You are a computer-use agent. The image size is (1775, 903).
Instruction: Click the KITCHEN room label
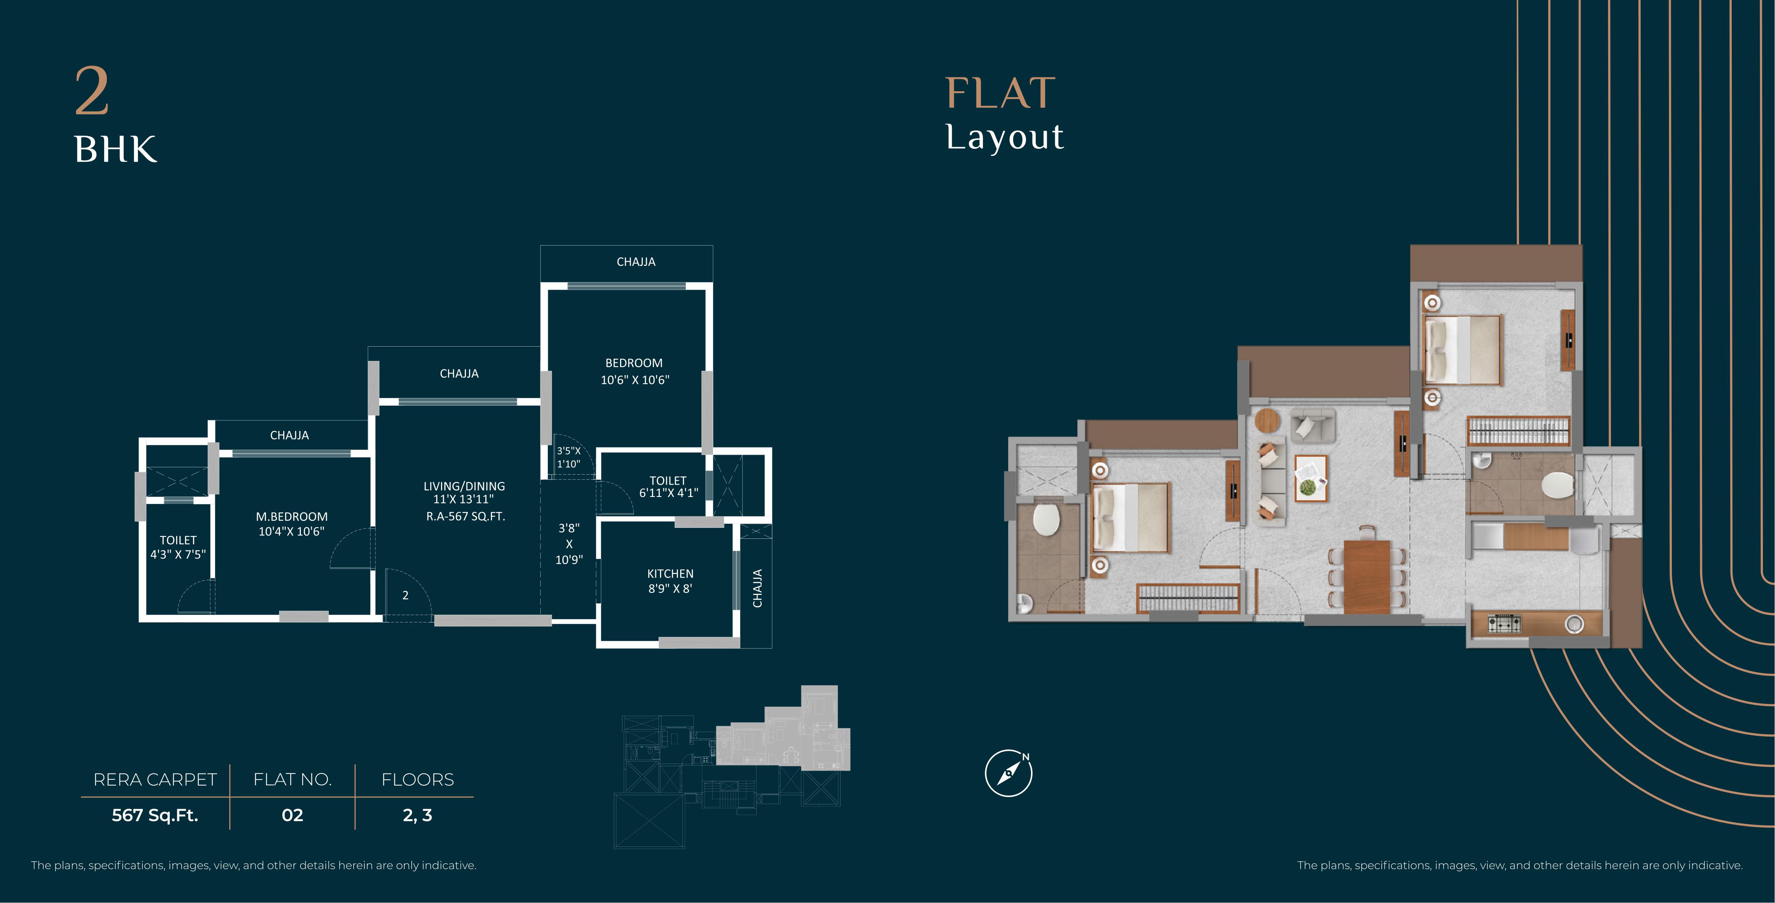point(670,574)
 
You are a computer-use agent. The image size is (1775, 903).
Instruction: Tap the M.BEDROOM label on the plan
point(291,516)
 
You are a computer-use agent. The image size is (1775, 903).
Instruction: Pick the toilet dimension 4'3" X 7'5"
point(178,555)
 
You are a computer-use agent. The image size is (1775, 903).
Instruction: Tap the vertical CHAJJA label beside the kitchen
point(757,588)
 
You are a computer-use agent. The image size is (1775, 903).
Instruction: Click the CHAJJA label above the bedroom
point(635,262)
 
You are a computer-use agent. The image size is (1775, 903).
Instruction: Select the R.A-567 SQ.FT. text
point(465,516)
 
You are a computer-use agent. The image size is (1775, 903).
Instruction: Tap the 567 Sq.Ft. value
point(155,815)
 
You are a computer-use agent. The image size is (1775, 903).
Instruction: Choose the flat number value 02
point(292,815)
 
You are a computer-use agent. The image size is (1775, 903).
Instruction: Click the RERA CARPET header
point(155,780)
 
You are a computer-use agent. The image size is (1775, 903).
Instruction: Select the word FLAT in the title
point(1000,93)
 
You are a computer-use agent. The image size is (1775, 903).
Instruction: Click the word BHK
point(116,150)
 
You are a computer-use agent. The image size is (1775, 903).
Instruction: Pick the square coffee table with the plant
point(1311,478)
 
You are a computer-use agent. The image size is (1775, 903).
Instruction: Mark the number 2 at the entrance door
point(405,595)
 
